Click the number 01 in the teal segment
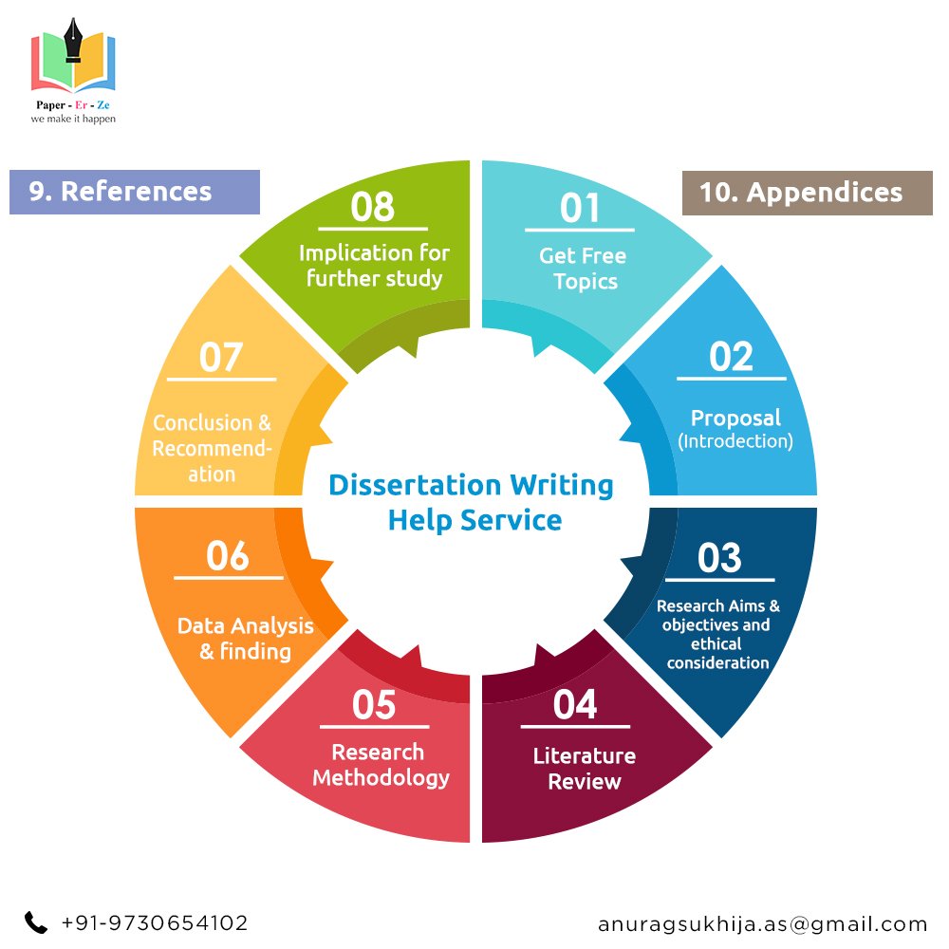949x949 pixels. [x=580, y=208]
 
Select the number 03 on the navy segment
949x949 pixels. [x=719, y=558]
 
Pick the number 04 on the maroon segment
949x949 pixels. [x=575, y=705]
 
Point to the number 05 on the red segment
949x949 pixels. [x=374, y=705]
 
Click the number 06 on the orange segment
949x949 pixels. [x=228, y=556]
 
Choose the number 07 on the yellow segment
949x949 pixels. [x=221, y=358]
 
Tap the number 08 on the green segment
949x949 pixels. [x=372, y=207]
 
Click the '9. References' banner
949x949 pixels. [x=134, y=192]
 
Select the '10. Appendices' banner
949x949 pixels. [x=808, y=193]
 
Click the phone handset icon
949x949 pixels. [x=36, y=922]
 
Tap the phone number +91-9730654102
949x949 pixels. [x=155, y=922]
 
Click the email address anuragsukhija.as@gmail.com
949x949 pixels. [x=763, y=923]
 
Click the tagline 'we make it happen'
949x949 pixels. [x=73, y=121]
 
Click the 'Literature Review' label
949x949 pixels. [x=585, y=769]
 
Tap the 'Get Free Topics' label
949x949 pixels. [x=584, y=269]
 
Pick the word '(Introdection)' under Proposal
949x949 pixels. [x=735, y=441]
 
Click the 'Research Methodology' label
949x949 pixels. [x=381, y=765]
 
